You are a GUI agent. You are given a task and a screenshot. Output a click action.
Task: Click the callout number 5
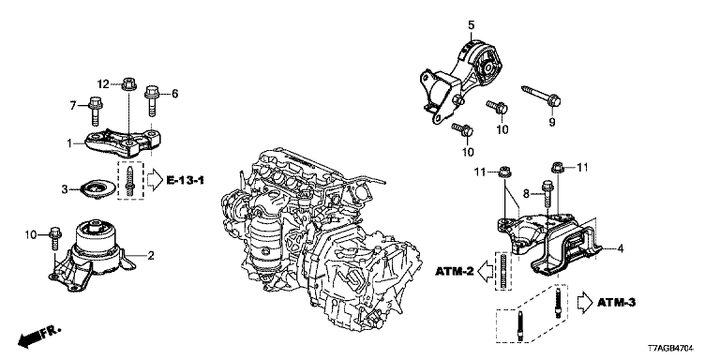472,24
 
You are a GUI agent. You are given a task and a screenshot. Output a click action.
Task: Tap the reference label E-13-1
185,180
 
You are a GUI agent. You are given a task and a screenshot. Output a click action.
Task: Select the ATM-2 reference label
455,272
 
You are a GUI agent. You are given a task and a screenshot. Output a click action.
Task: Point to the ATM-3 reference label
616,302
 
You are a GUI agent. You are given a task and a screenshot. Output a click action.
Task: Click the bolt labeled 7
95,111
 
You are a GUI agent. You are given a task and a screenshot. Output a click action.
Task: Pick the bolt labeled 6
152,101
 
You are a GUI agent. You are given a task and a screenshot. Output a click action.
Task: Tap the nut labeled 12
129,84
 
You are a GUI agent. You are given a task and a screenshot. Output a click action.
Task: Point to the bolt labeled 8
547,194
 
